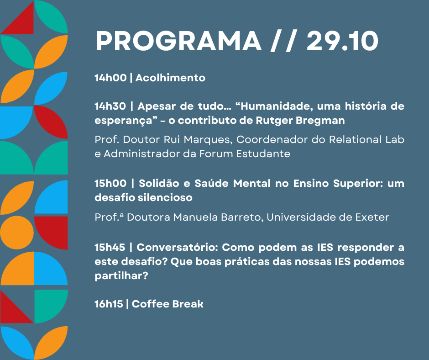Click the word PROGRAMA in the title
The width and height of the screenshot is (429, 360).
[178, 42]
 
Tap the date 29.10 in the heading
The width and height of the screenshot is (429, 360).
[342, 42]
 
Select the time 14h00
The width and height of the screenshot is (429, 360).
[110, 78]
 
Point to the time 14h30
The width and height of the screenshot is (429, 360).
[110, 106]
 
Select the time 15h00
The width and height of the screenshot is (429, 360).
[110, 183]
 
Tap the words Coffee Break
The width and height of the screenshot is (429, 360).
[167, 304]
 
